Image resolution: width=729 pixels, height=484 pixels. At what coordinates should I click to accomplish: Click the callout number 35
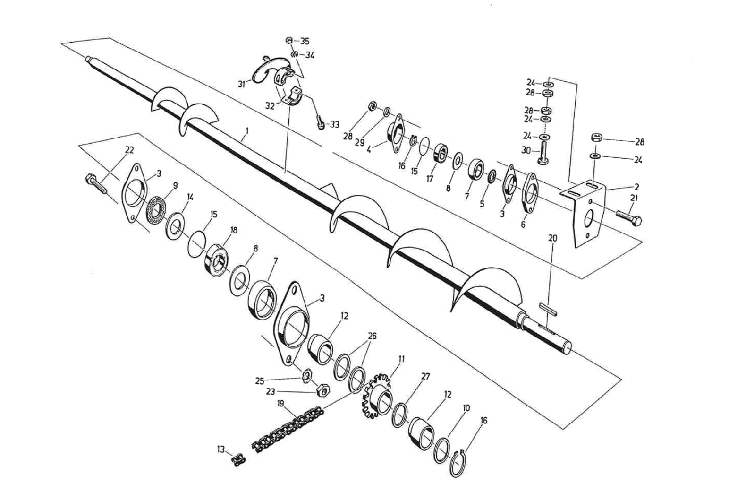tap(305, 41)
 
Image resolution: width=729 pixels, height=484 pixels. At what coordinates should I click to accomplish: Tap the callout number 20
tap(552, 238)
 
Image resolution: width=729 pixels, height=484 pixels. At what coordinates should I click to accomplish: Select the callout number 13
tap(221, 449)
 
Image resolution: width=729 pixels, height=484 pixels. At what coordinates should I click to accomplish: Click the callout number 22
tap(129, 150)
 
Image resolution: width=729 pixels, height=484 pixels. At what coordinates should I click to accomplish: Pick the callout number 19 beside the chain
tap(280, 404)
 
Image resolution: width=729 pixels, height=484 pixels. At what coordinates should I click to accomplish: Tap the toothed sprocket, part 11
tap(378, 395)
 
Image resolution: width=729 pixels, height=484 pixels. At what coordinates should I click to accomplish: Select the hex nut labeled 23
tap(322, 390)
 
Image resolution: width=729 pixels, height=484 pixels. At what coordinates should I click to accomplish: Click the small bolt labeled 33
tap(320, 122)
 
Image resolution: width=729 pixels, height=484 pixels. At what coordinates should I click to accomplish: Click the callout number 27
tap(426, 377)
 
